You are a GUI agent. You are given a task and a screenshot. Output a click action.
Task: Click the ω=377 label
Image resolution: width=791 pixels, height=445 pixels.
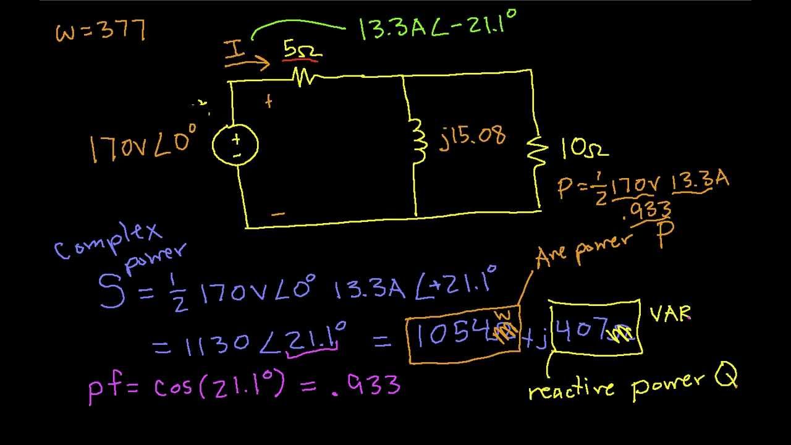pyautogui.click(x=101, y=30)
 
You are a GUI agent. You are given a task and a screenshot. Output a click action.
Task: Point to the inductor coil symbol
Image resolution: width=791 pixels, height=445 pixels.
pyautogui.click(x=420, y=142)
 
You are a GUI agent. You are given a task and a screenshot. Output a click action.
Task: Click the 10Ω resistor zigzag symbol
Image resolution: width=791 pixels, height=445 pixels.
pyautogui.click(x=537, y=148)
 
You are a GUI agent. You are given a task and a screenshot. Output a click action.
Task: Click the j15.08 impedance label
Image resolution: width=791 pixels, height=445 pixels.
pyautogui.click(x=473, y=136)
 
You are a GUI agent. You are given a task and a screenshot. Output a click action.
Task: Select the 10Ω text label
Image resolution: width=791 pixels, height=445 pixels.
pyautogui.click(x=585, y=148)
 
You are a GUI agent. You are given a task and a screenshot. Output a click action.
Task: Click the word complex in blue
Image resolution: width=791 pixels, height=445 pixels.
pyautogui.click(x=108, y=241)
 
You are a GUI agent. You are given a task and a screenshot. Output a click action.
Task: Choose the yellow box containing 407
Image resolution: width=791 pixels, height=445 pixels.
pyautogui.click(x=594, y=328)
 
